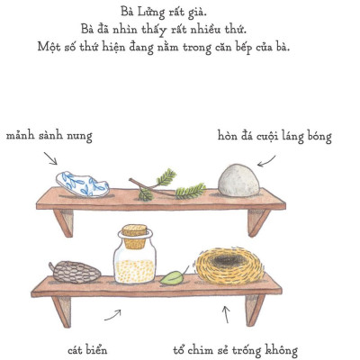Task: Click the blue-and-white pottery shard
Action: tap(82, 184)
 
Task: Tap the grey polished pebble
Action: tap(238, 178)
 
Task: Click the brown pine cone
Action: tap(69, 272)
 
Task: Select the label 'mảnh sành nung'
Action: tap(49, 136)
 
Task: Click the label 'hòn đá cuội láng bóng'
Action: tap(274, 137)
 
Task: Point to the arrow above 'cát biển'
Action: tap(112, 315)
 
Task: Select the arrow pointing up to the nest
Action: tap(226, 314)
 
